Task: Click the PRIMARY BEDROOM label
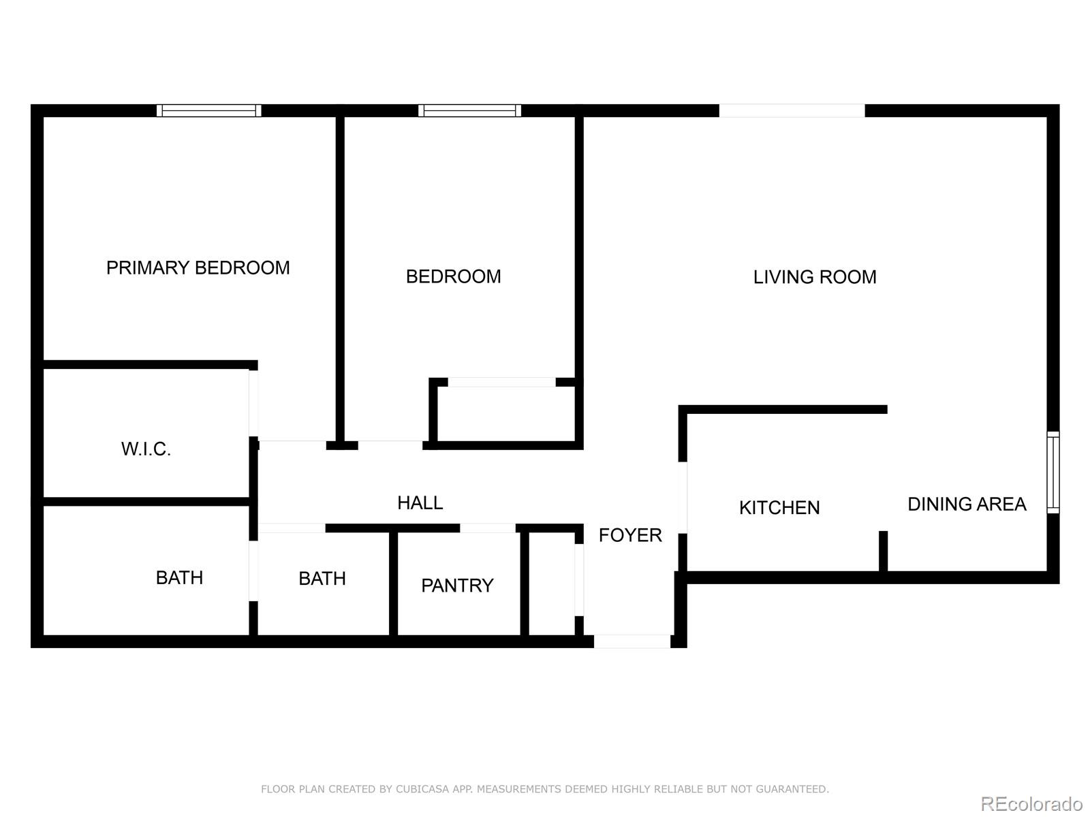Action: click(198, 268)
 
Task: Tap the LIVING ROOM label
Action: click(814, 277)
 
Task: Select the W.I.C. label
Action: click(146, 449)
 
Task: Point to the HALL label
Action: click(420, 503)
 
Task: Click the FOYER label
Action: click(630, 535)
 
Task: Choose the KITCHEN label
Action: click(779, 507)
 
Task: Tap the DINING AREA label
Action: click(967, 504)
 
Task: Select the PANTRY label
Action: click(457, 586)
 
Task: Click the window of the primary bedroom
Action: click(209, 110)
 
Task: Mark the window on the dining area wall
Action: click(1053, 472)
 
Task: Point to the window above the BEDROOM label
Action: click(470, 110)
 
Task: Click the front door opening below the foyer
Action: click(632, 641)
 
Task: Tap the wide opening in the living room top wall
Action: click(792, 110)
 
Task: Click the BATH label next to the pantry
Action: click(322, 579)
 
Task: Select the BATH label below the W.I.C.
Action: click(179, 577)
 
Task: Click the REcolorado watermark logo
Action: click(1031, 803)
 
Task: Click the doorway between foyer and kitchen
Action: click(683, 498)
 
